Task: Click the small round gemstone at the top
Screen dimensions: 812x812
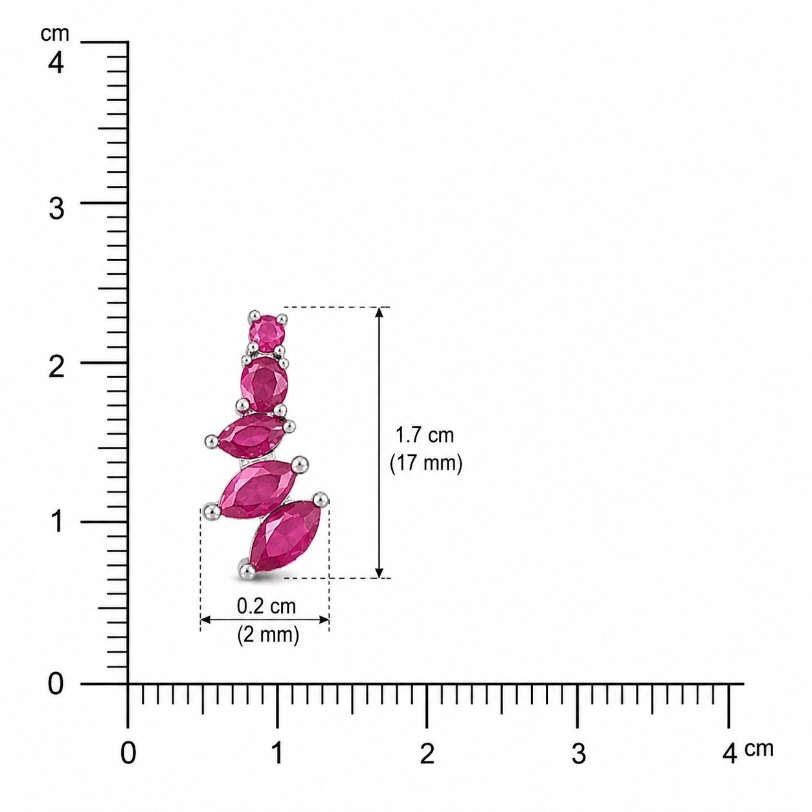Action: (267, 333)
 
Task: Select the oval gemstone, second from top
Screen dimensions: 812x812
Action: (264, 384)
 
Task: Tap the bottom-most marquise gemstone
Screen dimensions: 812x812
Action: (286, 536)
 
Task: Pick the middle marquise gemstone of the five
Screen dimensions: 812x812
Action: (251, 436)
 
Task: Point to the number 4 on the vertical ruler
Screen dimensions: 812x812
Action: (56, 63)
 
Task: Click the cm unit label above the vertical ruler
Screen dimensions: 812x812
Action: (55, 34)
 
